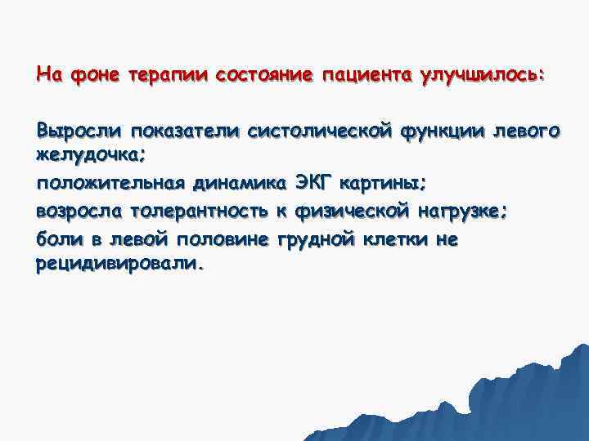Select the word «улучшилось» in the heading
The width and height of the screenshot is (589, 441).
(479, 76)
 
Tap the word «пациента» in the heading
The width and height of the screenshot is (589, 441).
(367, 76)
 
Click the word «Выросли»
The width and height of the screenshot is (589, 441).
(80, 131)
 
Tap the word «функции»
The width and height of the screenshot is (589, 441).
(448, 131)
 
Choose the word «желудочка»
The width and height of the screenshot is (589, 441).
(85, 154)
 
